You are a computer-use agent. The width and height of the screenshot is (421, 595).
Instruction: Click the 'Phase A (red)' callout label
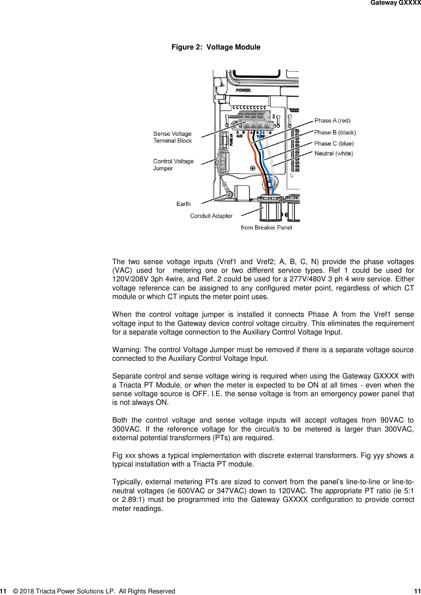click(x=332, y=121)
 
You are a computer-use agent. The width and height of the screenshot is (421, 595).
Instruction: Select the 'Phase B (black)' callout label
click(x=335, y=132)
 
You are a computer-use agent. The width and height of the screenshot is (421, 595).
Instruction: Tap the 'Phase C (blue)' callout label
click(x=334, y=143)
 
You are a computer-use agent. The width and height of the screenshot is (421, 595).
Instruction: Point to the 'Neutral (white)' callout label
click(x=334, y=153)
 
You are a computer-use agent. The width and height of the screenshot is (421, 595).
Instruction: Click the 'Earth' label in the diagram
click(x=183, y=204)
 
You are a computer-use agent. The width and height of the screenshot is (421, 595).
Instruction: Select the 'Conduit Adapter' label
click(x=211, y=216)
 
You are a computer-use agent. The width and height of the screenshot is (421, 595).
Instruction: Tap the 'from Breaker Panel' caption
click(x=266, y=228)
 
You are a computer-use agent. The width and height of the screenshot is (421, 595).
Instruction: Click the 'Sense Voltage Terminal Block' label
click(x=173, y=137)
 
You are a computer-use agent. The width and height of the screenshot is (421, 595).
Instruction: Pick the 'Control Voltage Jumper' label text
click(x=173, y=165)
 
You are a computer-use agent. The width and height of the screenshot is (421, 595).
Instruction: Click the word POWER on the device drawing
click(x=243, y=90)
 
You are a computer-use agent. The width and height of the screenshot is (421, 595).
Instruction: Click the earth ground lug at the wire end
click(x=228, y=193)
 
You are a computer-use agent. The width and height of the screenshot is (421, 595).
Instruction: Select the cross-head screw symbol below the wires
click(x=252, y=168)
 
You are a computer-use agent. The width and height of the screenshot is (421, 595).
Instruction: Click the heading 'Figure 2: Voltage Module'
click(x=216, y=47)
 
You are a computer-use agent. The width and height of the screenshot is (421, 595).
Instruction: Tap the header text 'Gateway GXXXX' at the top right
click(x=395, y=3)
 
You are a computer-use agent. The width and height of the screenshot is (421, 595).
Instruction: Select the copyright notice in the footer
click(x=94, y=591)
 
